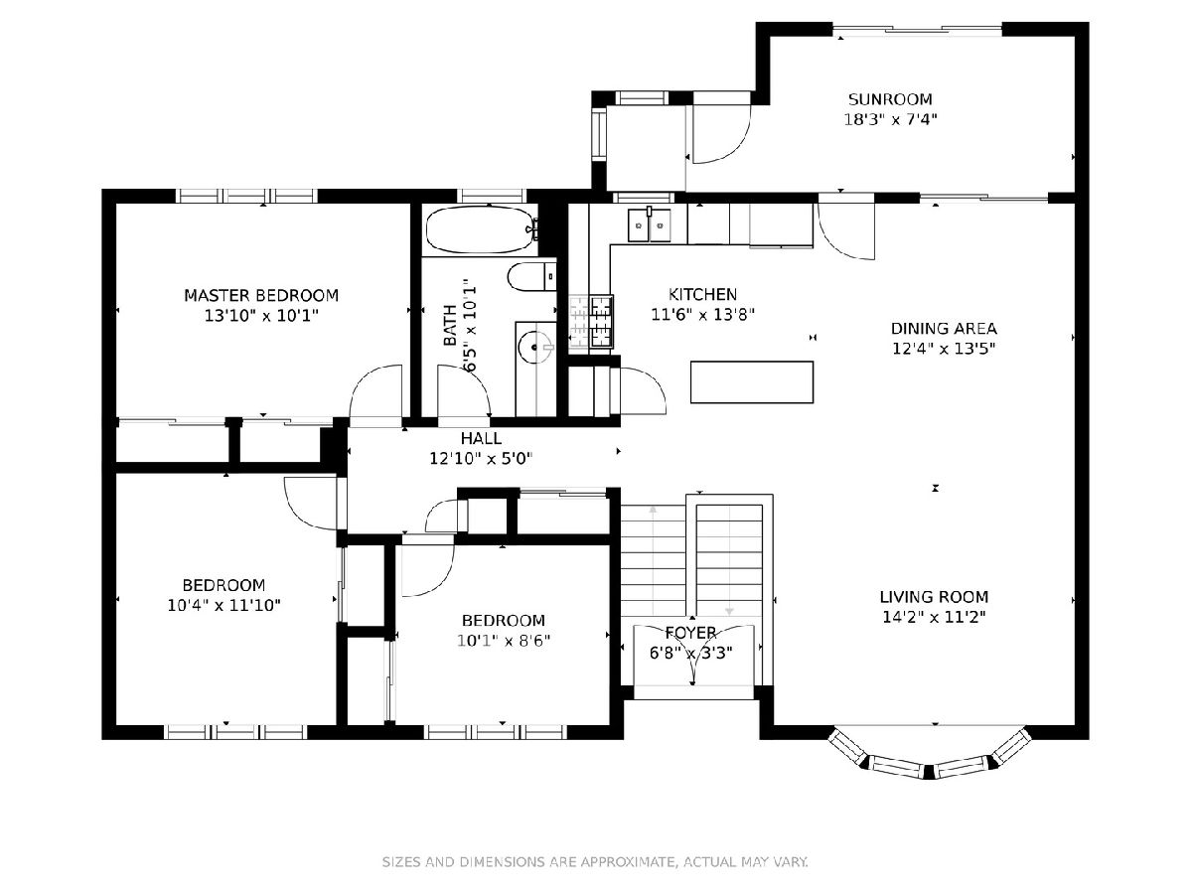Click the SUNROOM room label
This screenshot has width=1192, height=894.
click(x=890, y=99)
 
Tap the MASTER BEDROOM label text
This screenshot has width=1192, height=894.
click(x=261, y=296)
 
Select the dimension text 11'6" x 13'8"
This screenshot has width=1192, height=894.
click(x=702, y=314)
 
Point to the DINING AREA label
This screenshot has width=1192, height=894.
click(x=944, y=329)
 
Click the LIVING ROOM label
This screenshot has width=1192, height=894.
click(x=934, y=597)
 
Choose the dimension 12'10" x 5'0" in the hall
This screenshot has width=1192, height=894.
click(x=481, y=459)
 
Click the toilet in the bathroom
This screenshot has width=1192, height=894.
click(x=532, y=276)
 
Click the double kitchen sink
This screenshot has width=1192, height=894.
click(x=649, y=224)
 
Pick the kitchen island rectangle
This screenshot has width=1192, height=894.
click(x=752, y=382)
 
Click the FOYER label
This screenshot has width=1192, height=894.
click(x=690, y=633)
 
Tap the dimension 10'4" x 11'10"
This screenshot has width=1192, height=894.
click(x=223, y=605)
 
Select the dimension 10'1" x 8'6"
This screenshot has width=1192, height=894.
click(x=504, y=641)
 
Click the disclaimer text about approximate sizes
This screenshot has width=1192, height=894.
click(x=595, y=862)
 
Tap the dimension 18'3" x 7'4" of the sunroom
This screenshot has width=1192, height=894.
click(x=890, y=119)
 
